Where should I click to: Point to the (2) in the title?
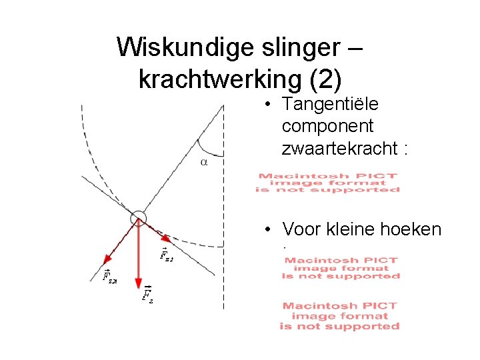pos(326,79)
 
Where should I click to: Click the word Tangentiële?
pos(330,105)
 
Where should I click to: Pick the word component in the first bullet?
pos(327,126)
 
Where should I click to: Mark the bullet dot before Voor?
pos(266,230)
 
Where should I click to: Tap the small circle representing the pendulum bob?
pos(138,217)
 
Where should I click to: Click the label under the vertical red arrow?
pos(147,294)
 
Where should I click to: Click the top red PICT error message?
pos(328,183)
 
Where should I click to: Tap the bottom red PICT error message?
pos(340,316)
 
